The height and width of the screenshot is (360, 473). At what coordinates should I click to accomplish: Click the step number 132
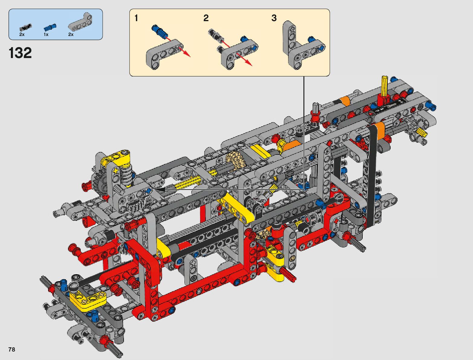[x=20, y=53]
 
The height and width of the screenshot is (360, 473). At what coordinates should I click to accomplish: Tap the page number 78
[x=12, y=349]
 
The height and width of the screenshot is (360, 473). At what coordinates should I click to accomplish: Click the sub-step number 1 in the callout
[x=136, y=18]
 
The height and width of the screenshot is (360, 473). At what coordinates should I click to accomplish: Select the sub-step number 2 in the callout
[x=206, y=18]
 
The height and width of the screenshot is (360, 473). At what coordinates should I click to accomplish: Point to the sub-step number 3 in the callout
[x=274, y=18]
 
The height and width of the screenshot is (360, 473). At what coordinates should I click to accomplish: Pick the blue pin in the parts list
[x=50, y=27]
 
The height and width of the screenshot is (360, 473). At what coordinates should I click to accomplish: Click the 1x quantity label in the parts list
[x=46, y=34]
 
